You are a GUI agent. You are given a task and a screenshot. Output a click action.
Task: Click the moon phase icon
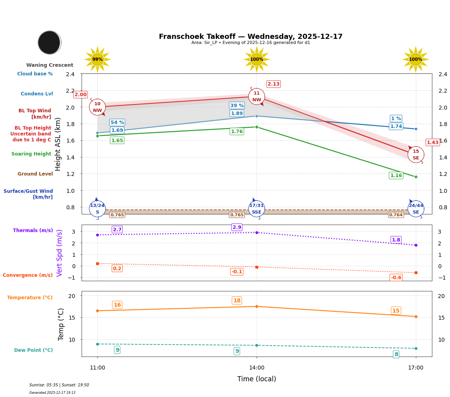[x=49, y=42]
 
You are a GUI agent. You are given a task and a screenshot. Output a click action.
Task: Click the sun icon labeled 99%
[x=97, y=59]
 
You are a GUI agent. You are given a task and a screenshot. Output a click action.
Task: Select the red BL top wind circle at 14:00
[x=257, y=97]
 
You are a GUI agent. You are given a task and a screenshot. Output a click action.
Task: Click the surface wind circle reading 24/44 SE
[x=416, y=209]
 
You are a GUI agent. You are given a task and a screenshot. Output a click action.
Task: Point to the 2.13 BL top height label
[x=273, y=84]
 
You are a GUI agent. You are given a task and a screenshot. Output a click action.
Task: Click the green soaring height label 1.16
[x=396, y=176]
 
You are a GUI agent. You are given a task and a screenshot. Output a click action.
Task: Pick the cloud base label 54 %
[x=117, y=123]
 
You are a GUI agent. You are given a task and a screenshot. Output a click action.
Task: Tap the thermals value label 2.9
[x=237, y=227]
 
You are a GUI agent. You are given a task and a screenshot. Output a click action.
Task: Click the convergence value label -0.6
[x=396, y=278]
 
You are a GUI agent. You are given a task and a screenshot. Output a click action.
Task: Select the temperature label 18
[x=237, y=301]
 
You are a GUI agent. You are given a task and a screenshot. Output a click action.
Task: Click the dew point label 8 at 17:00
[x=396, y=355]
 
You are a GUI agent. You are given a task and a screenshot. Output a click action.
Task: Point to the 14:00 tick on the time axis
[x=257, y=368]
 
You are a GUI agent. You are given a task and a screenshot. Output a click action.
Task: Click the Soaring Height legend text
[x=31, y=154]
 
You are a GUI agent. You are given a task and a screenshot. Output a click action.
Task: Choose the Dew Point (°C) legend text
[x=33, y=350]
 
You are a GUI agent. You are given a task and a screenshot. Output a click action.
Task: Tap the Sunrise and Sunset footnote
[x=59, y=385]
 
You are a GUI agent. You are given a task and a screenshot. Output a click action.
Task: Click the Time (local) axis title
[x=257, y=379]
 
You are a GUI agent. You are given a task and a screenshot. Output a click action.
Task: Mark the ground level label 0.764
[x=396, y=215]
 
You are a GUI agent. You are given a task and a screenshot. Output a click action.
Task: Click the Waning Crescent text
[x=50, y=65]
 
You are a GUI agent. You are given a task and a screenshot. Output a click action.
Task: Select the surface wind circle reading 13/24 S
[x=97, y=209]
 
